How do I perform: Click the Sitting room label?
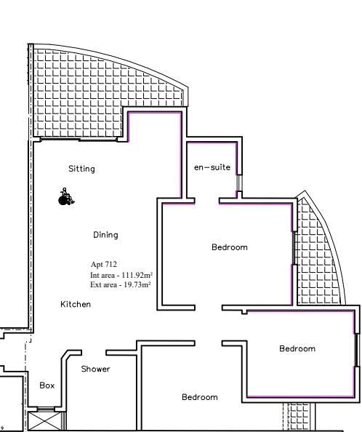click(81, 169)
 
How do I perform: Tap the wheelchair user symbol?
click(66, 196)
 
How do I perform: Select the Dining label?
click(105, 235)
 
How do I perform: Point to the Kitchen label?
click(76, 304)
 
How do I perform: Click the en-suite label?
click(212, 167)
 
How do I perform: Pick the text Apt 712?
click(104, 265)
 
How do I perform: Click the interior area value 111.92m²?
click(137, 275)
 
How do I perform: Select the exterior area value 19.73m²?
click(137, 284)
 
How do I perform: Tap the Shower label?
click(95, 369)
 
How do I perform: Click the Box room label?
click(47, 385)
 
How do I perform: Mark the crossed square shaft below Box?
click(44, 420)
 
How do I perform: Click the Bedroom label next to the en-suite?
click(230, 247)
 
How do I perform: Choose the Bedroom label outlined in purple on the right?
click(297, 348)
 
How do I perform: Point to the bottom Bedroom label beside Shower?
click(200, 397)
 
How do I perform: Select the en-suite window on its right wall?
click(239, 183)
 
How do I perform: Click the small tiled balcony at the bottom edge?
click(299, 416)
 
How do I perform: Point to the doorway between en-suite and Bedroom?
click(207, 201)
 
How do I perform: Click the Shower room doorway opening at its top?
click(94, 353)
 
